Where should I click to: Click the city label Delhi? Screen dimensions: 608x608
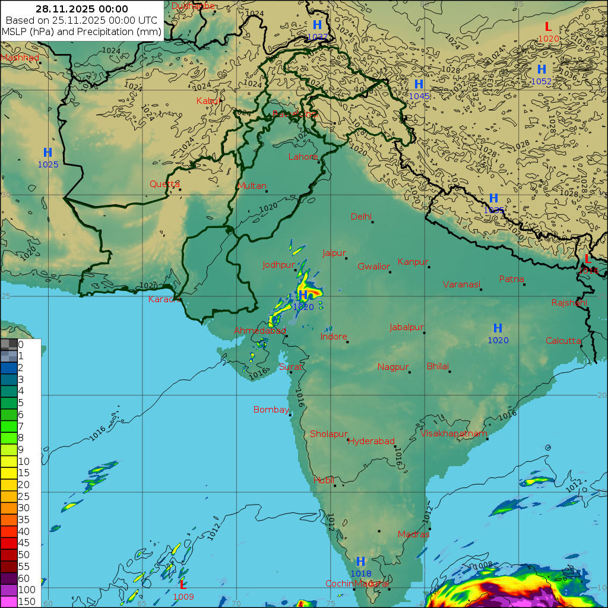pyautogui.click(x=360, y=216)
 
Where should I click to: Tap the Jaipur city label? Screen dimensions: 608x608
pyautogui.click(x=334, y=253)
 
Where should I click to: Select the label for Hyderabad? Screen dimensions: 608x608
pyautogui.click(x=371, y=441)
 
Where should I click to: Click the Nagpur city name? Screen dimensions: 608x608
pyautogui.click(x=393, y=367)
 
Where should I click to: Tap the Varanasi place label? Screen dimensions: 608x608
pyautogui.click(x=461, y=284)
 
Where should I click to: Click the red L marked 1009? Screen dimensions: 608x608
pyautogui.click(x=183, y=585)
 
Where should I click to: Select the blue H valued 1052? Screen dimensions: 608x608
pyautogui.click(x=541, y=69)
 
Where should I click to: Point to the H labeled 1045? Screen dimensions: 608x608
pyautogui.click(x=419, y=84)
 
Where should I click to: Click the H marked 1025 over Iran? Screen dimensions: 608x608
pyautogui.click(x=47, y=153)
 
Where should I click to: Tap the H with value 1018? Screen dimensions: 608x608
pyautogui.click(x=360, y=562)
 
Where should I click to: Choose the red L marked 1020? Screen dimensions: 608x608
pyautogui.click(x=548, y=27)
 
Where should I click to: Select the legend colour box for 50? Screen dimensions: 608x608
pyautogui.click(x=9, y=555)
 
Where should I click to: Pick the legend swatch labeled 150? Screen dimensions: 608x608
pyautogui.click(x=9, y=601)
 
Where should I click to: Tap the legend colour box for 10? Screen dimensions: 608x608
pyautogui.click(x=9, y=461)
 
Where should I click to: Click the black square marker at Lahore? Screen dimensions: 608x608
pyautogui.click(x=319, y=162)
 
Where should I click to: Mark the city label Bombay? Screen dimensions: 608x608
pyautogui.click(x=271, y=410)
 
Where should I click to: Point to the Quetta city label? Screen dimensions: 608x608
pyautogui.click(x=164, y=184)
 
